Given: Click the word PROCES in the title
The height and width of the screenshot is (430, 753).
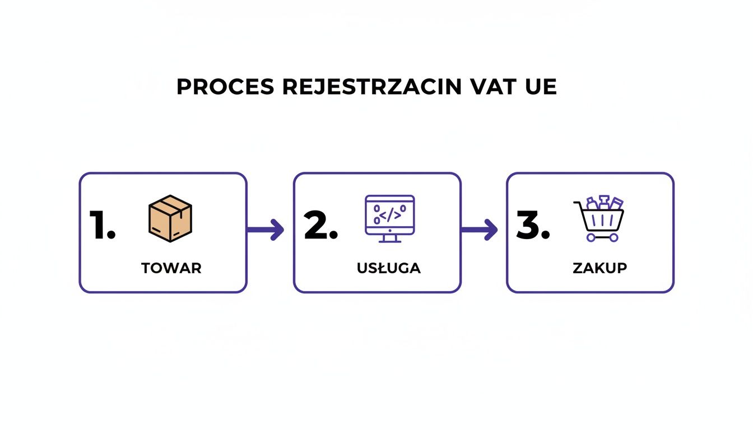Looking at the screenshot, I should point(225,87).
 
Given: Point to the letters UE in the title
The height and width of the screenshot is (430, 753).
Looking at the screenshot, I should point(541,87).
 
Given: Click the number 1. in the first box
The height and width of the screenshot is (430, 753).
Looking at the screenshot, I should point(103,226).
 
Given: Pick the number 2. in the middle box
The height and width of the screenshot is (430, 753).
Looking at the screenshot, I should point(320,226).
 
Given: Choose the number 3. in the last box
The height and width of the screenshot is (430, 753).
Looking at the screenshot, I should point(532,226).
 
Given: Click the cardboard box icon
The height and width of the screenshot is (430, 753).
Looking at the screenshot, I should point(170,218).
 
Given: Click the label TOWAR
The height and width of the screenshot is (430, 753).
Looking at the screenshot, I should point(171,268).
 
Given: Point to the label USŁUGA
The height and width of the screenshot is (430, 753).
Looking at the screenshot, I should point(388,268).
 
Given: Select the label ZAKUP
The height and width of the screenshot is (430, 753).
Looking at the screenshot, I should point(599,268).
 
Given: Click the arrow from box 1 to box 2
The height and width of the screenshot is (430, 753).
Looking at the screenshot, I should point(266,229).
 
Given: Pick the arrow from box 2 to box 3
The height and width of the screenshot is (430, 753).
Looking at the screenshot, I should point(480,229).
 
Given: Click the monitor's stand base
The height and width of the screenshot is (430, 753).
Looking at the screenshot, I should point(389,241).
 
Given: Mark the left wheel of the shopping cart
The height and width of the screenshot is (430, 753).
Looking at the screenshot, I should point(591,237).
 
